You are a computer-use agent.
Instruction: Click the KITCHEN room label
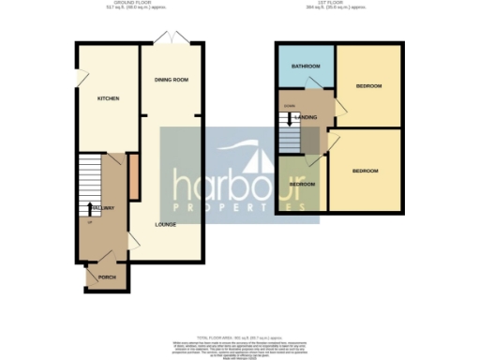point(108,97)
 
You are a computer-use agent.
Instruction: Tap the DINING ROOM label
point(172,81)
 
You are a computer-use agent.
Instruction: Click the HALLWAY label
point(101,207)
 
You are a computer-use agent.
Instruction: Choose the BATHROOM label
point(306,67)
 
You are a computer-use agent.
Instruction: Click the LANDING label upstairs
point(306,116)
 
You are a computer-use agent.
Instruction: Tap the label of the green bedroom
point(301,184)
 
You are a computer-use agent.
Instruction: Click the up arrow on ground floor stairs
point(90,208)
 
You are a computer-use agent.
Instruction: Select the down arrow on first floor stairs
point(289,121)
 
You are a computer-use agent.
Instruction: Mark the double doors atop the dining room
point(171,38)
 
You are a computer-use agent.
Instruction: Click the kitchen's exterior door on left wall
point(76,76)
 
